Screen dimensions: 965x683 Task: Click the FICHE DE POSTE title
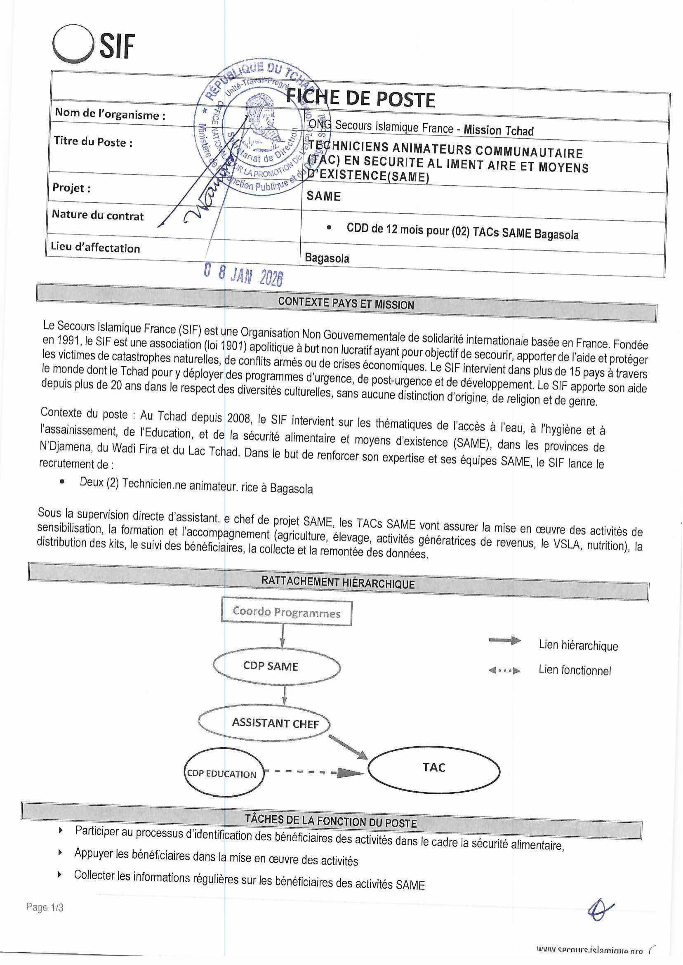[x=360, y=99]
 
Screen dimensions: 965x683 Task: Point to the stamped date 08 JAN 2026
[x=243, y=275]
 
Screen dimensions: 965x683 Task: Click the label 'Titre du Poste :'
[x=93, y=142]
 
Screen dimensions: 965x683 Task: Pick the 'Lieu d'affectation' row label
[x=95, y=248]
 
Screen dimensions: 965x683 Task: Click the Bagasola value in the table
[x=327, y=258]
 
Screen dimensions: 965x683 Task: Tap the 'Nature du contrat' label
[x=98, y=215]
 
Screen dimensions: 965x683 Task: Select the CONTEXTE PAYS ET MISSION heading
[x=346, y=304]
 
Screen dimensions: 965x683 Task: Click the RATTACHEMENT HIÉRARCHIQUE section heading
[x=338, y=583]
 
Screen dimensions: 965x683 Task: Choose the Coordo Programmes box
[x=286, y=613]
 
